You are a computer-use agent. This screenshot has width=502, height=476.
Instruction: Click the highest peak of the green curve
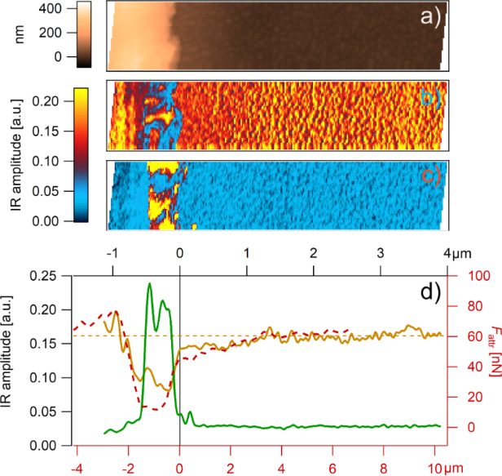(x=149, y=283)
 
